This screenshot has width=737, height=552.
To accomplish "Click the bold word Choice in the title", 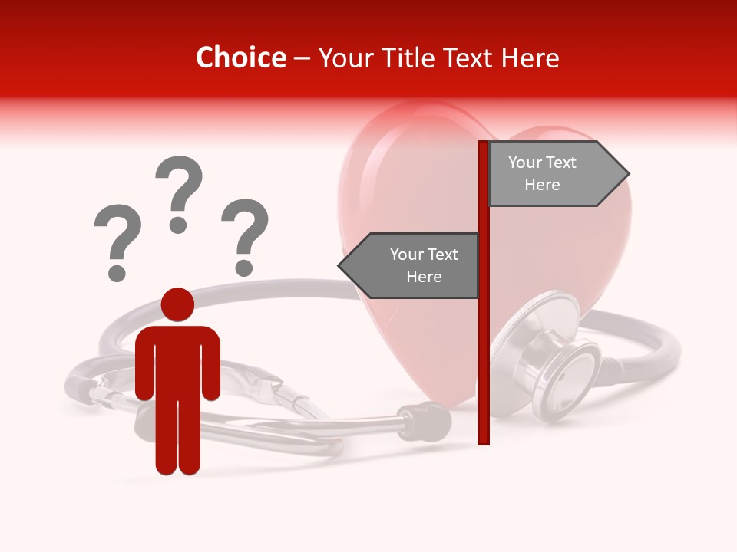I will [240, 58].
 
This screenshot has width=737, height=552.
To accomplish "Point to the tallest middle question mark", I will [179, 188].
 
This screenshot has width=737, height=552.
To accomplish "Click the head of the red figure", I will [177, 304].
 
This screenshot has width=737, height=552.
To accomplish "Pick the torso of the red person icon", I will [177, 360].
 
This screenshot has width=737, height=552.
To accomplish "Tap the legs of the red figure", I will [177, 437].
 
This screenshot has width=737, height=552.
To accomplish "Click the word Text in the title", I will [471, 58].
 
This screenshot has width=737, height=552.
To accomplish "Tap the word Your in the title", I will [347, 58].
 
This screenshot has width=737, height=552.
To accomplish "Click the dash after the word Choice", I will [302, 59].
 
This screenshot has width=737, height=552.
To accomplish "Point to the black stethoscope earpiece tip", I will [434, 421].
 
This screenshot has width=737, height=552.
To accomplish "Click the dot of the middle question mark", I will [179, 225].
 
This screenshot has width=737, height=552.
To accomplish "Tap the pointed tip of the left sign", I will [341, 266].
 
